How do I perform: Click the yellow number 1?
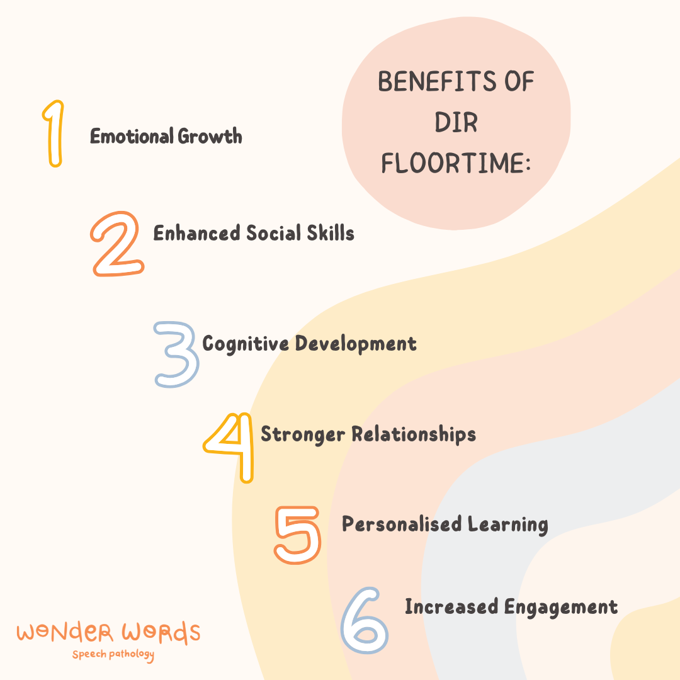point(55,133)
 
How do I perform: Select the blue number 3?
point(177,354)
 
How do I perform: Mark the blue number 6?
point(365,621)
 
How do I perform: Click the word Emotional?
point(131,136)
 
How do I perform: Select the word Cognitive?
point(246,344)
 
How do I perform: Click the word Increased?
point(451,607)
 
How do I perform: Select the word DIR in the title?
point(456,123)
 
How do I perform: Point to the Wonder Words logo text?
point(108,632)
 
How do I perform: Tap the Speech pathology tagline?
point(113,655)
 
